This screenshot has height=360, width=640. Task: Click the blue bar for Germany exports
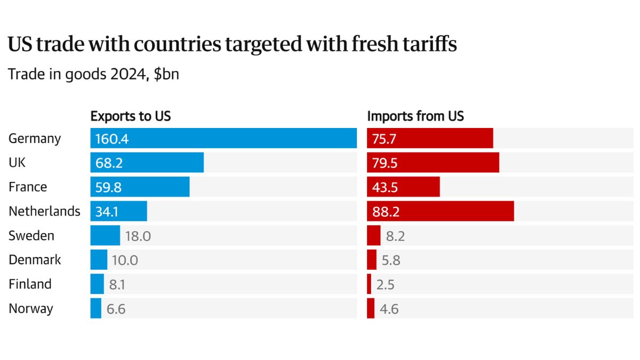click(x=223, y=138)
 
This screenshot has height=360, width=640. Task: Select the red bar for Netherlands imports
click(x=441, y=211)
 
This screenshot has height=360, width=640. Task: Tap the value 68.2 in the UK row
click(x=109, y=163)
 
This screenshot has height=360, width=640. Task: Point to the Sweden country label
click(x=31, y=235)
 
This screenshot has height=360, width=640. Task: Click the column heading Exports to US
click(x=131, y=116)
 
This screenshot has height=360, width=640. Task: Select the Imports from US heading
click(x=415, y=116)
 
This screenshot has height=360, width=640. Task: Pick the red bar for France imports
click(x=403, y=187)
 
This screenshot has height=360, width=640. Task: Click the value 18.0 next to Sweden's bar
click(x=138, y=236)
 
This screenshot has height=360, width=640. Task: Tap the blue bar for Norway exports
click(x=96, y=308)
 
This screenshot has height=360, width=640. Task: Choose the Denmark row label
click(x=35, y=260)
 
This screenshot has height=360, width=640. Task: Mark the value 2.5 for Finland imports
click(x=385, y=284)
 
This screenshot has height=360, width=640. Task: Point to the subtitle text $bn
click(x=166, y=75)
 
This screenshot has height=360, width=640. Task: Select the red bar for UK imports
click(x=433, y=163)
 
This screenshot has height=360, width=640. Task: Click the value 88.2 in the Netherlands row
click(x=386, y=212)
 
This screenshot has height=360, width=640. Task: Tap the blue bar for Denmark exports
click(x=99, y=260)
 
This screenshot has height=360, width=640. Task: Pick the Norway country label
click(x=31, y=308)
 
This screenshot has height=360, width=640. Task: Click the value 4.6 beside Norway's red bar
click(x=389, y=309)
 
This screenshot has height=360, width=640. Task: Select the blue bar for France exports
click(x=140, y=187)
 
